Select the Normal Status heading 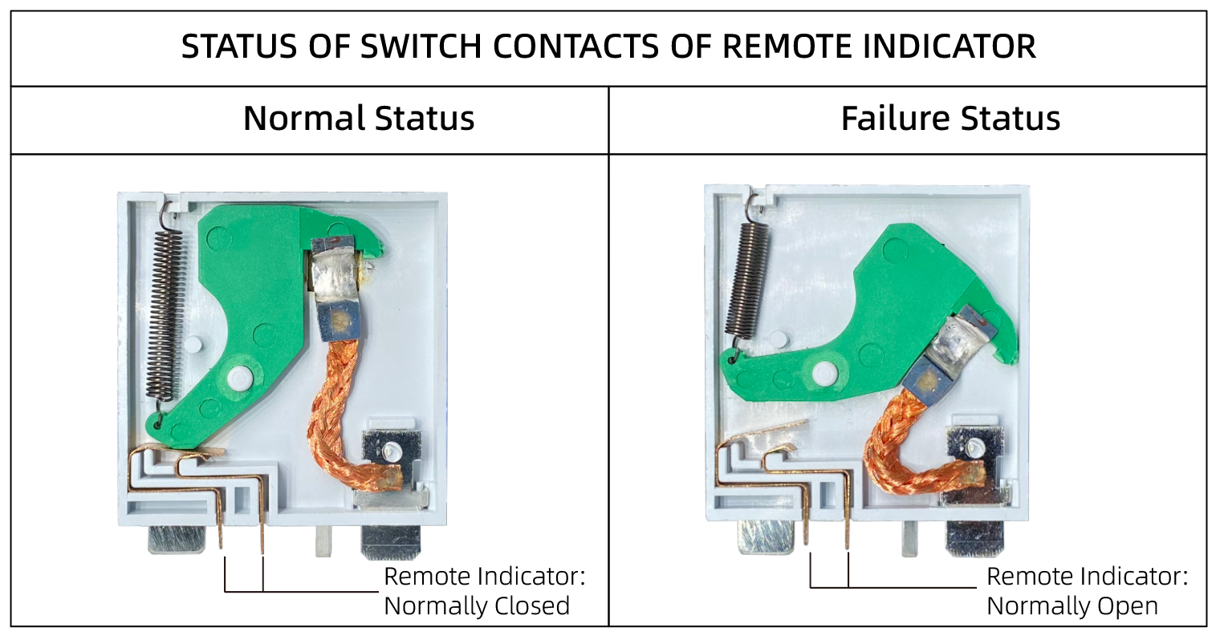click(x=359, y=119)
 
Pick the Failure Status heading click(x=950, y=119)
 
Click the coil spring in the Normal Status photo click(x=165, y=313)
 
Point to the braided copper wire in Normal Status click(x=337, y=417)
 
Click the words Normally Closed click(x=477, y=606)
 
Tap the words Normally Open click(x=1072, y=606)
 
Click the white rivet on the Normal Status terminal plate click(x=391, y=452)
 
